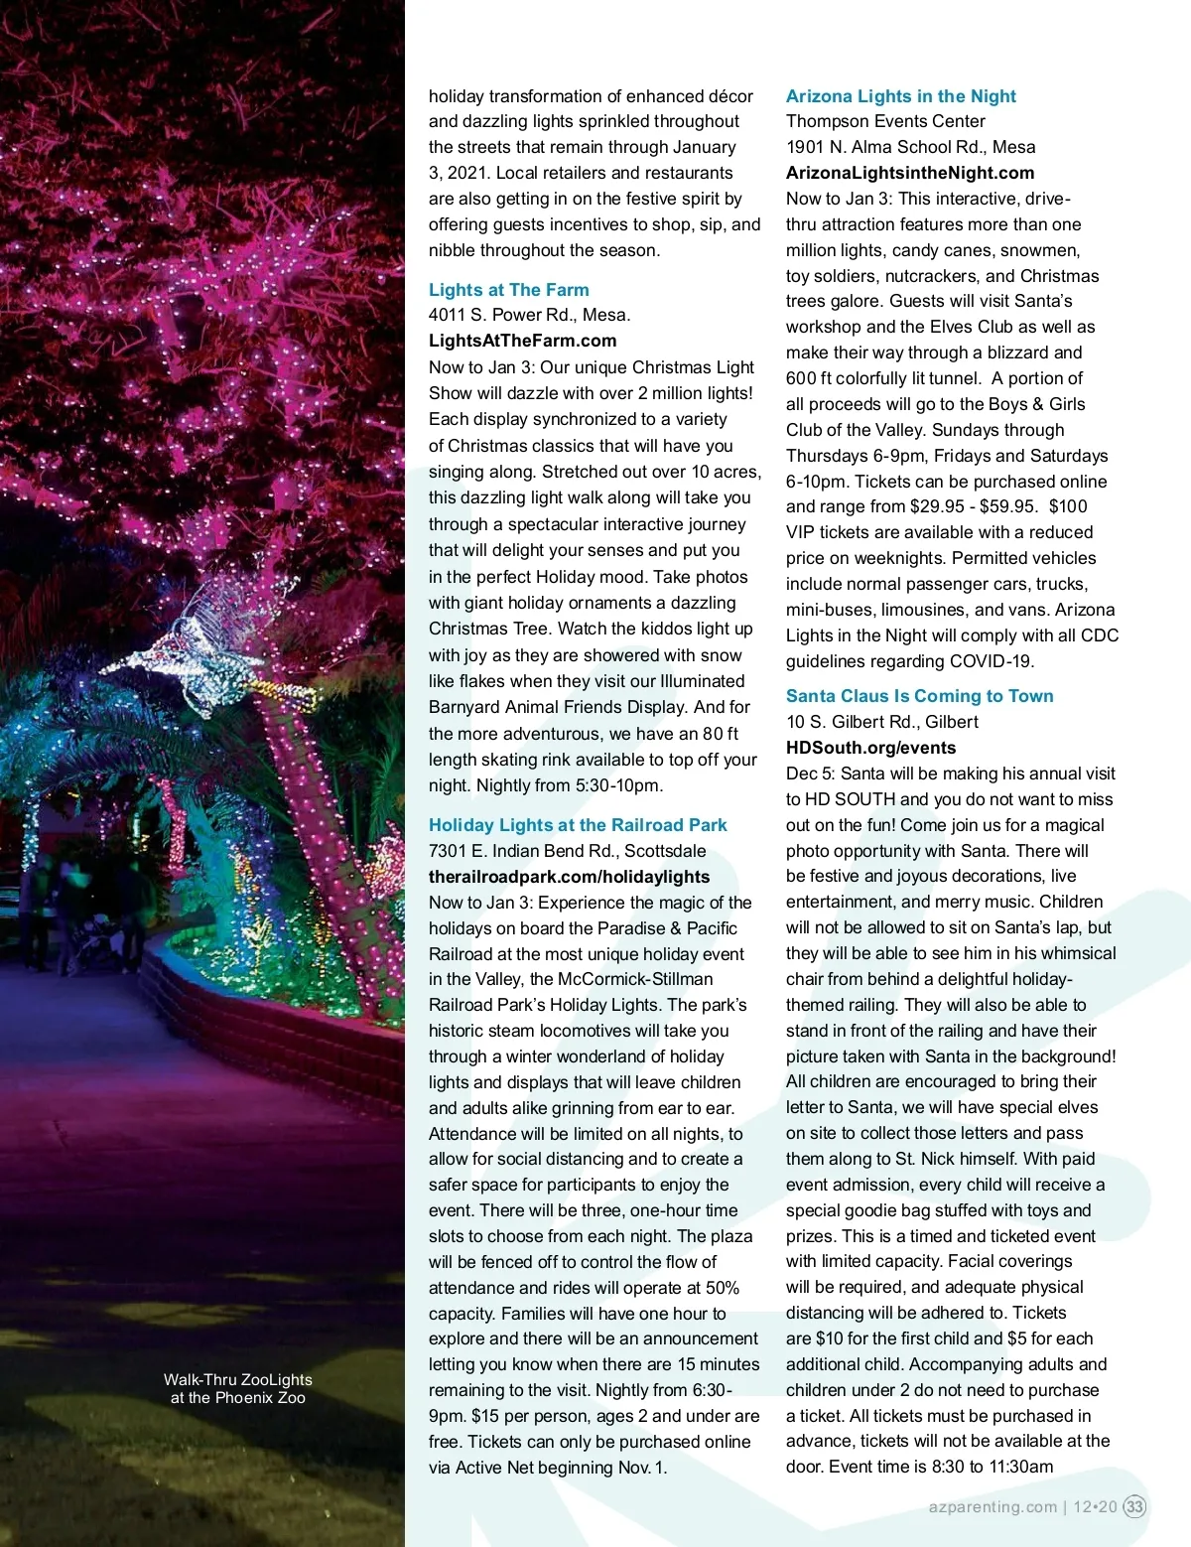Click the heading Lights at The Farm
click(508, 290)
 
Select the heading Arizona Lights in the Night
click(900, 96)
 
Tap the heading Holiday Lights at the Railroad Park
click(578, 825)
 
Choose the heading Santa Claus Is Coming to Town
click(919, 696)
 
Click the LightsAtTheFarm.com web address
click(522, 341)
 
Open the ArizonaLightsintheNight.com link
click(909, 173)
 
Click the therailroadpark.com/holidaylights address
click(569, 877)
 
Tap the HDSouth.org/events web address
click(870, 748)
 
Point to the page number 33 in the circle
click(1134, 1506)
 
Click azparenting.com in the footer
click(992, 1506)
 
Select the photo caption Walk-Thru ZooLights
click(237, 1388)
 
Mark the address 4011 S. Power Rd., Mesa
click(529, 315)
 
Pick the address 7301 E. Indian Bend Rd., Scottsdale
click(567, 851)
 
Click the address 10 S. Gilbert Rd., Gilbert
click(881, 722)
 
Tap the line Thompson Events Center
click(885, 121)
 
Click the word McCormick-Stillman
click(635, 979)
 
